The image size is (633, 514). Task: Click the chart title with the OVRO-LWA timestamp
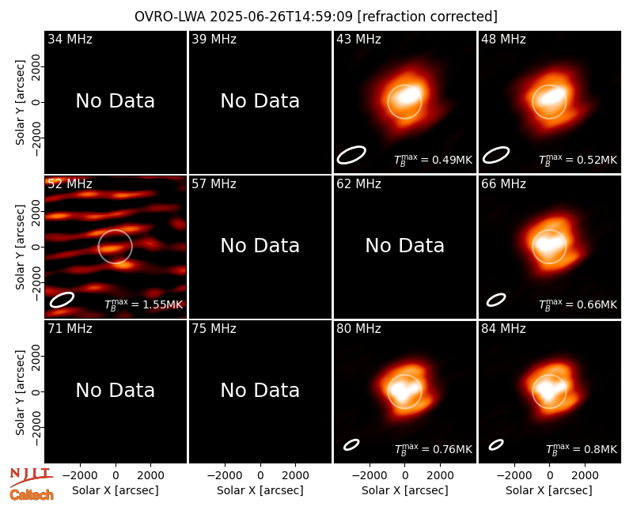click(316, 17)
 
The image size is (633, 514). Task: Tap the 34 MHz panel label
click(70, 39)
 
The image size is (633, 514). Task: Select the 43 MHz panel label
click(358, 39)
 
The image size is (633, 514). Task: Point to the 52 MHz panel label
click(70, 184)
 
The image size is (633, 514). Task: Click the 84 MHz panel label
click(503, 329)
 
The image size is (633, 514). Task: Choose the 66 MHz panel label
click(503, 184)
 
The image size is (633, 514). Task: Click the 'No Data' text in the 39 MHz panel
click(260, 101)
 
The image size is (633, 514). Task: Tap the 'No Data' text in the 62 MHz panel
click(405, 246)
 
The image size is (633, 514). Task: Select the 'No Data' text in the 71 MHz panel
click(116, 391)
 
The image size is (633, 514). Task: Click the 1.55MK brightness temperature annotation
click(144, 304)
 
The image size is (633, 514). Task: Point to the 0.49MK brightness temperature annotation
click(433, 161)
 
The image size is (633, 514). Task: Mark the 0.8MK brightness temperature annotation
click(582, 449)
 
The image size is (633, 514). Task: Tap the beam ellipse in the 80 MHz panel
click(351, 444)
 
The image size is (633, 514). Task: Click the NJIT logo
click(31, 476)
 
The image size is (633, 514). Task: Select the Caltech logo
click(32, 495)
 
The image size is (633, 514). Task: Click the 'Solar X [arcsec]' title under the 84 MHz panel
click(549, 490)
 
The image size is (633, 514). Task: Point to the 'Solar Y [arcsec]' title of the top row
click(20, 103)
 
